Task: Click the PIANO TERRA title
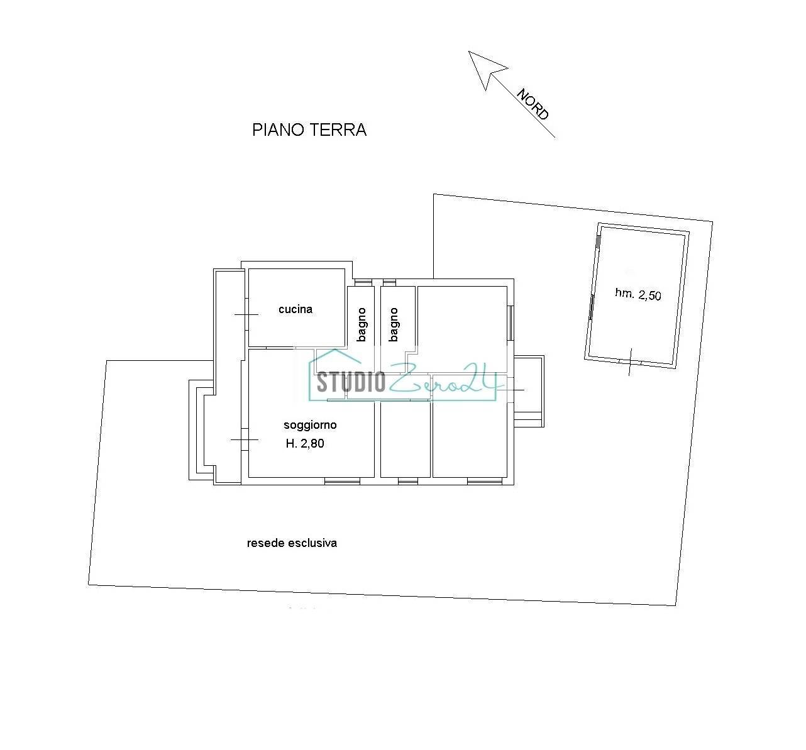[x=309, y=130]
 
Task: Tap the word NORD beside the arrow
[x=533, y=104]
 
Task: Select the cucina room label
[x=295, y=309]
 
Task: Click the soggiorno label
[x=310, y=426]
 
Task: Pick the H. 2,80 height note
[x=305, y=444]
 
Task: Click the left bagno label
[x=362, y=324]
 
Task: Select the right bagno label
[x=394, y=324]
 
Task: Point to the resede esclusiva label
[x=292, y=543]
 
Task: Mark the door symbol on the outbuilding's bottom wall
[x=630, y=361]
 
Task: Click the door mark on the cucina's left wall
[x=246, y=314]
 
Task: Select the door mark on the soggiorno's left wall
[x=245, y=439]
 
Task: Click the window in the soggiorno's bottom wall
[x=342, y=482]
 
